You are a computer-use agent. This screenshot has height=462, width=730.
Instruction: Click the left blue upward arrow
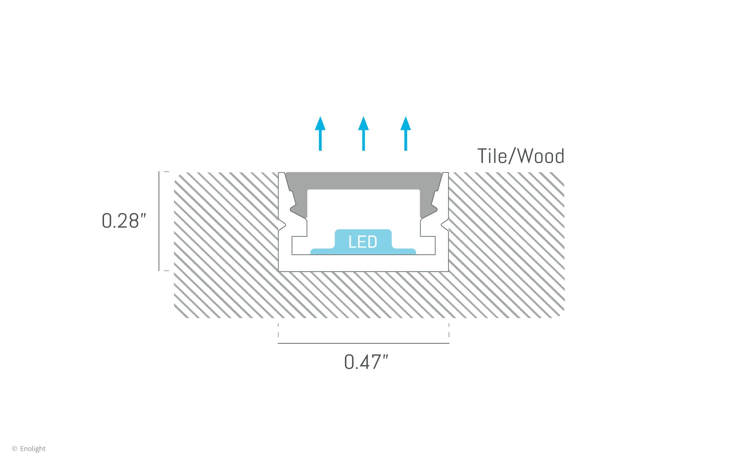click(x=320, y=134)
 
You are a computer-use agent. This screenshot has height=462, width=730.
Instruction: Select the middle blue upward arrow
click(x=363, y=134)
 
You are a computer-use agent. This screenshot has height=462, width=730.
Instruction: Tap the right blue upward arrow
click(x=406, y=134)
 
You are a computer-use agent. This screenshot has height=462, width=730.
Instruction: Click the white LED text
click(x=362, y=242)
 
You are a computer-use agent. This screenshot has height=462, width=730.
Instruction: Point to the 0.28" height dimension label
click(x=124, y=221)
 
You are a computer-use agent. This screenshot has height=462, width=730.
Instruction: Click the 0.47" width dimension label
click(x=366, y=362)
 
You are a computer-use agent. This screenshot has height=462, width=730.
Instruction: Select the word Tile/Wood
click(x=520, y=156)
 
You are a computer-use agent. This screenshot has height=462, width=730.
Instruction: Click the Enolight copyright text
click(x=33, y=448)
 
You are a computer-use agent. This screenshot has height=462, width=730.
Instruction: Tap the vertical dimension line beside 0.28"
click(x=159, y=221)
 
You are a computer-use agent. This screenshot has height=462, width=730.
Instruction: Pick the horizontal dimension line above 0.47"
click(x=363, y=343)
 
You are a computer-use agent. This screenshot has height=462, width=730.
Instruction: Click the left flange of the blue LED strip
click(x=321, y=251)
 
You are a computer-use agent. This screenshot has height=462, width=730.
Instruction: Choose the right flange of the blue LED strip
click(x=404, y=251)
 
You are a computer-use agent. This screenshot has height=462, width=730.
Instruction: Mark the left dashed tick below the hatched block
click(x=278, y=330)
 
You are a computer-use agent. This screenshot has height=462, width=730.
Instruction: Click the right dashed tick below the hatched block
click(x=449, y=330)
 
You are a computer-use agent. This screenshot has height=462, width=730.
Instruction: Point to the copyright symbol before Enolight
click(x=15, y=448)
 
